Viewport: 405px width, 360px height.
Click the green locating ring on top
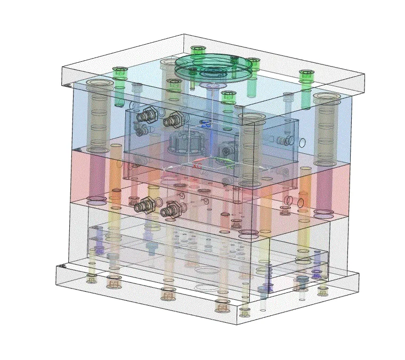coord(213,66)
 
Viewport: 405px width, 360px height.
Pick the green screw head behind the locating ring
coord(198,51)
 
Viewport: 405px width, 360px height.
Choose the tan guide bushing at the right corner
coord(326,128)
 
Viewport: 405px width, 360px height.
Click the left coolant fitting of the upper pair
coord(145,115)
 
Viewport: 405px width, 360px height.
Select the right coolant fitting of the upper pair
coord(172,120)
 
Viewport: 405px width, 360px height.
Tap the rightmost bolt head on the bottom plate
coord(323,291)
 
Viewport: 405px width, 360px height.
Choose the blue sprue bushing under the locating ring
coord(212,85)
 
